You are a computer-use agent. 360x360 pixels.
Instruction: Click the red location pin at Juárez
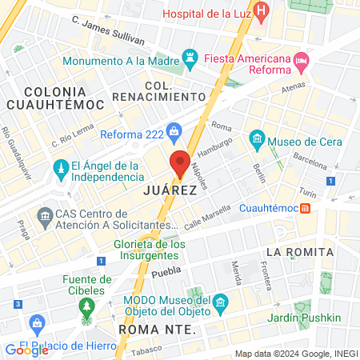pos(180,162)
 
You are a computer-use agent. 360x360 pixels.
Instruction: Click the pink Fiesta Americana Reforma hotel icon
pos(301,60)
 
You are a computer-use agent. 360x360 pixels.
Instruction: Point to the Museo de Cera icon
pos(257,138)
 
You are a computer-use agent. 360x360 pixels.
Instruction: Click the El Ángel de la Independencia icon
pos(60,169)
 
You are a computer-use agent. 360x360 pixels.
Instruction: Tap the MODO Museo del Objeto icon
pos(221,302)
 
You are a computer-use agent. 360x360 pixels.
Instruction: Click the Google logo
pos(26,350)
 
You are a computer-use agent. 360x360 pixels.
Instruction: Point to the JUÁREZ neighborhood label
pos(170,192)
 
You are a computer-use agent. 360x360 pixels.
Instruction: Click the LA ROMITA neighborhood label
pos(299,251)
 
